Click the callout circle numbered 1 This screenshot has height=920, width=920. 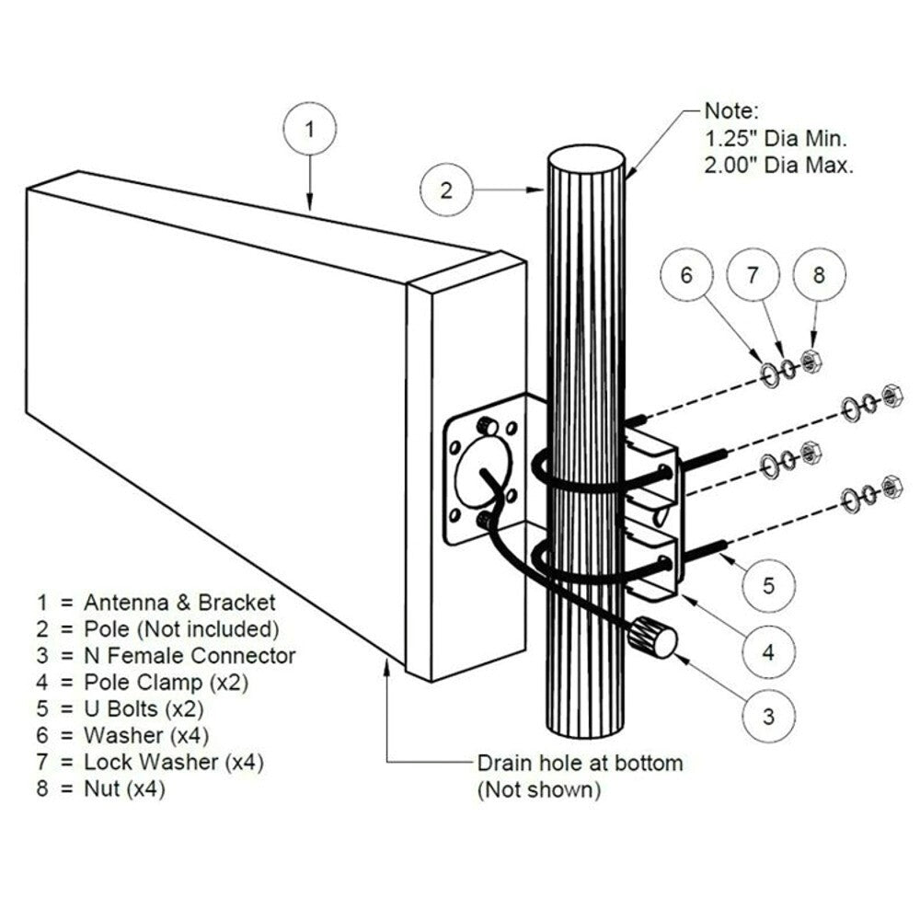(309, 130)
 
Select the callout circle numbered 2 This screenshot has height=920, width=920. (446, 190)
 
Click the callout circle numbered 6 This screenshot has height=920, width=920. (684, 275)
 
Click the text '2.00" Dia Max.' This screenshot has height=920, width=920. (778, 166)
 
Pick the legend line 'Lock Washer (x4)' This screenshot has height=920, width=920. (176, 762)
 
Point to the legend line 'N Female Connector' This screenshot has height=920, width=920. (190, 656)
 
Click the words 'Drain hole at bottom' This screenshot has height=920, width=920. (580, 763)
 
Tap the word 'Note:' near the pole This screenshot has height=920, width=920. (731, 112)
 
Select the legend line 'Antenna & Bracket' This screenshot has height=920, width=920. (178, 603)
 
